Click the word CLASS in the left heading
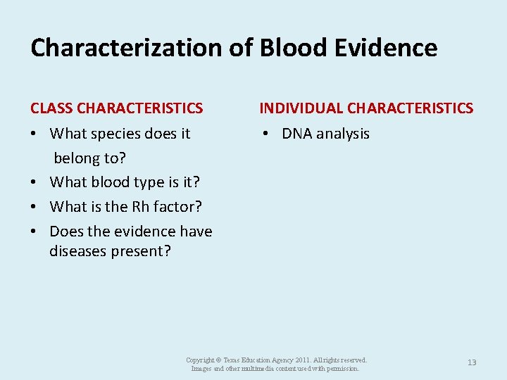pos(51,108)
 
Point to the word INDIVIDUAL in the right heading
pos(301,108)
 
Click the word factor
pos(176,207)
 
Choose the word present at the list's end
pos(141,251)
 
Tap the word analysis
pos(344,134)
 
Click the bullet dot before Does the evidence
pos(35,232)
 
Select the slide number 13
pos(472,362)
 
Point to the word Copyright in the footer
pos(200,360)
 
